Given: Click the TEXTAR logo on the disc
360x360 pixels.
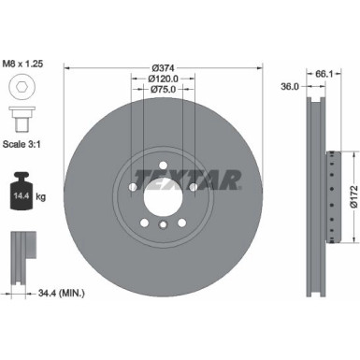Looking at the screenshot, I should click(187, 178).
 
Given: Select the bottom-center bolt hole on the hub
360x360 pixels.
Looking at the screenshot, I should click(160, 225).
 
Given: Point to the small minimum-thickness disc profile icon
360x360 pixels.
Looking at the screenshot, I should click(23, 249).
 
